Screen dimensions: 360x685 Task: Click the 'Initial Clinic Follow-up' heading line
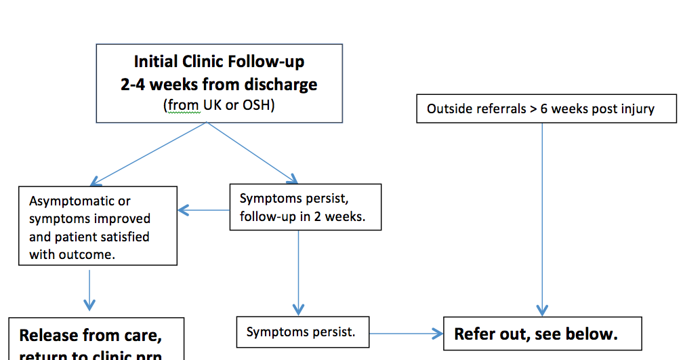click(x=219, y=62)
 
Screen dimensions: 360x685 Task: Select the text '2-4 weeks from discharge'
click(x=219, y=85)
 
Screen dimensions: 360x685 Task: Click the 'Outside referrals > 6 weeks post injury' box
click(x=545, y=108)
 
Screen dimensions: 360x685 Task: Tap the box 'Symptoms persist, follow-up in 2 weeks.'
click(x=305, y=207)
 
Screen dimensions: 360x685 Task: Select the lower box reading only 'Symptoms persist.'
click(x=302, y=332)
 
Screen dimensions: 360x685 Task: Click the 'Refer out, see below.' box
click(x=542, y=334)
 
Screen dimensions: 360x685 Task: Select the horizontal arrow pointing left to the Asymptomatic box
click(x=203, y=210)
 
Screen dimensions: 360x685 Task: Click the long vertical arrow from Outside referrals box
click(x=542, y=217)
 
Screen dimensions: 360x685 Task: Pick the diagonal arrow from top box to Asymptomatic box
click(x=149, y=153)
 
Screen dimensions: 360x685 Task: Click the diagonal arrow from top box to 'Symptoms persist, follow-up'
click(x=252, y=153)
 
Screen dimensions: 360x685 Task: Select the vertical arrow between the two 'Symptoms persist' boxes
click(x=298, y=271)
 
